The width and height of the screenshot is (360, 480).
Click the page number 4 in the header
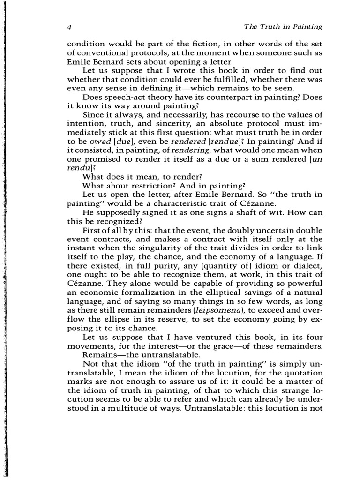pos(69,27)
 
